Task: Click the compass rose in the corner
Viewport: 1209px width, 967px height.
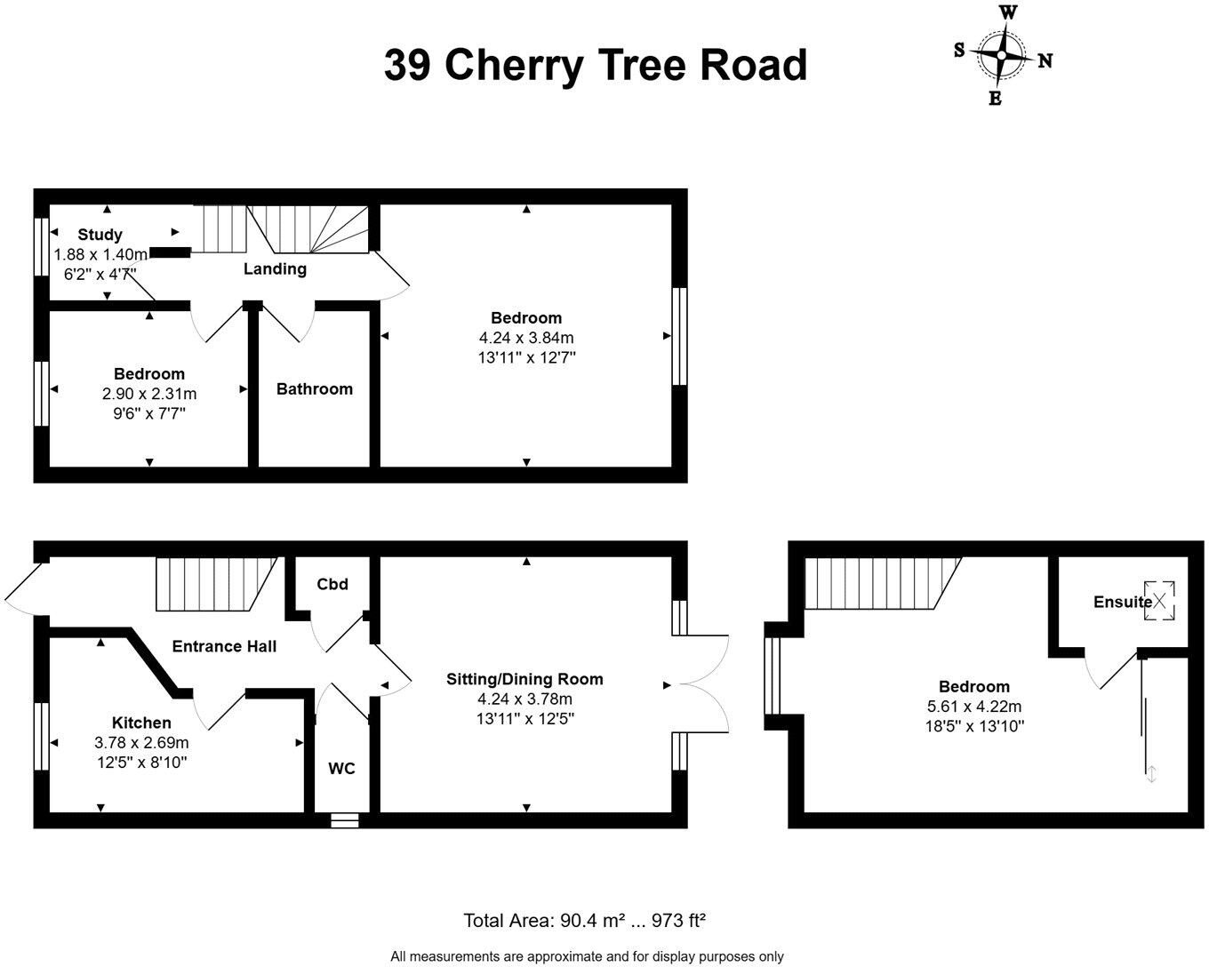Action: [x=1002, y=56]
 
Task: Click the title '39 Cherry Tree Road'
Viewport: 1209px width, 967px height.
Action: [x=595, y=65]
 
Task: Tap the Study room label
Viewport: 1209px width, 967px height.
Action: [x=100, y=235]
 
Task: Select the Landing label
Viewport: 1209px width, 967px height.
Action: [x=275, y=268]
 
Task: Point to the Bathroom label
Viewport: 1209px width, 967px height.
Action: [x=314, y=388]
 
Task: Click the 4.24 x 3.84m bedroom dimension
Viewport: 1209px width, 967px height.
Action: [x=526, y=338]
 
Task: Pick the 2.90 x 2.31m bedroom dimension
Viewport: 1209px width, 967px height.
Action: [x=148, y=394]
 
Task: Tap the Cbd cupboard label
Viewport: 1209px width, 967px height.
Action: [x=332, y=584]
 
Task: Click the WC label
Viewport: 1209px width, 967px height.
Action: [x=341, y=768]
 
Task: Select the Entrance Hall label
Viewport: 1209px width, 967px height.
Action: [x=223, y=646]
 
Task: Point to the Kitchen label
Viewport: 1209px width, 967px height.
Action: [x=141, y=723]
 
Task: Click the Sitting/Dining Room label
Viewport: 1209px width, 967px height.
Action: [x=524, y=679]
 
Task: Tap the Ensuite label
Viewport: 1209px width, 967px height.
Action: [x=1121, y=602]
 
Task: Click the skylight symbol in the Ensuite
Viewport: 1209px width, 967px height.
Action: [x=1159, y=601]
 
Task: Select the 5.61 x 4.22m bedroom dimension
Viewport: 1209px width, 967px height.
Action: [x=974, y=707]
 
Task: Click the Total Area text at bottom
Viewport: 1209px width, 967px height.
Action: [x=584, y=921]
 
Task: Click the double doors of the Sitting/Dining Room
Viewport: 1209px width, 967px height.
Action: [x=702, y=684]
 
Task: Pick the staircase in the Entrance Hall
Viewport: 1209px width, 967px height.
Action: [x=213, y=584]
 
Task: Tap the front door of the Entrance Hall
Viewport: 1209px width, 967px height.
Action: [x=25, y=588]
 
